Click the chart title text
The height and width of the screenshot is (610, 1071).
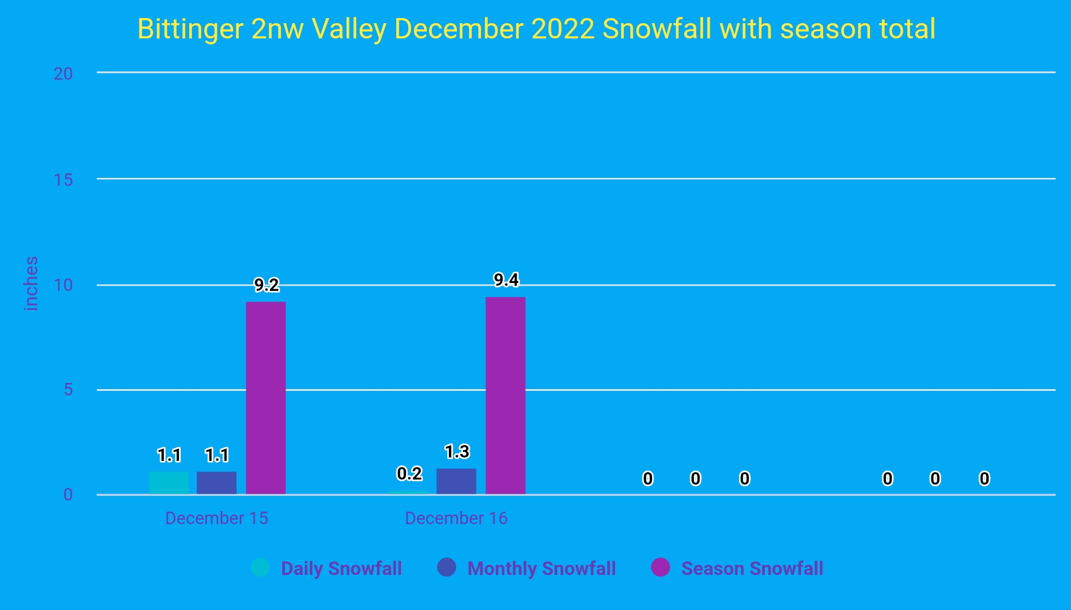coord(536,29)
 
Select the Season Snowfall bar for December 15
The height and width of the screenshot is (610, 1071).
coord(265,398)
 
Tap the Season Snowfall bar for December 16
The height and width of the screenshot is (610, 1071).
coord(505,395)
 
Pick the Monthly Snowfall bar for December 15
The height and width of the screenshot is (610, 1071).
coord(217,483)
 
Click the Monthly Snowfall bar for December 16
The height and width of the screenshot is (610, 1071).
coord(456,481)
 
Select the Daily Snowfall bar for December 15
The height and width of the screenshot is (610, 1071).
coord(169,483)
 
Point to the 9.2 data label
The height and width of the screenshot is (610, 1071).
coord(266,285)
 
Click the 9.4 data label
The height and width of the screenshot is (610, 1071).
coord(506,280)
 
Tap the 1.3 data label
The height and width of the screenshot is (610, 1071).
coord(457,452)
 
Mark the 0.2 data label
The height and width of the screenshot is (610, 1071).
coord(409,474)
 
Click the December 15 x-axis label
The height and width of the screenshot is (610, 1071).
coord(216,518)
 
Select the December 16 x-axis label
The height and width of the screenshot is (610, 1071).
coord(456,518)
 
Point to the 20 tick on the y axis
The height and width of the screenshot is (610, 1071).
coord(63,73)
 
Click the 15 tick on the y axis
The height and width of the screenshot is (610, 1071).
coord(63,180)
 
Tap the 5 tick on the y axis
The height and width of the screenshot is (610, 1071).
coord(68,390)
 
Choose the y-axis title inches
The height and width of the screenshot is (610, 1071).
coord(31,284)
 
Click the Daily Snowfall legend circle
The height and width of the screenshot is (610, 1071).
coord(260,567)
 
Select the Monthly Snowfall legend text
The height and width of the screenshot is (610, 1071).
coord(541,568)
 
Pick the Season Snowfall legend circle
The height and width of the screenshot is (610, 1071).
coord(661,567)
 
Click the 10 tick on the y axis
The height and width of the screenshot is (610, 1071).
coord(63,285)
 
